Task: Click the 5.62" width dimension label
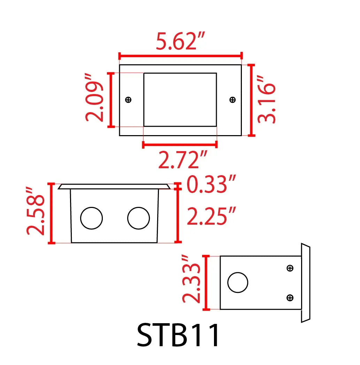(180, 41)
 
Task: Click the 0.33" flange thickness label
(212, 184)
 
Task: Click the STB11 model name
(178, 335)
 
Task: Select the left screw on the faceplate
(128, 100)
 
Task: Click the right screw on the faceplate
(232, 100)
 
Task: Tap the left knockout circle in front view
(91, 218)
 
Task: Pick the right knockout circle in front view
(138, 218)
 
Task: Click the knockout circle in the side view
(238, 282)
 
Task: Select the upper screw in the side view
(290, 268)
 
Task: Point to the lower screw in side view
(290, 297)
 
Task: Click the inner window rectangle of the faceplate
(180, 100)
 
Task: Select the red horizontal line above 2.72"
(180, 144)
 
